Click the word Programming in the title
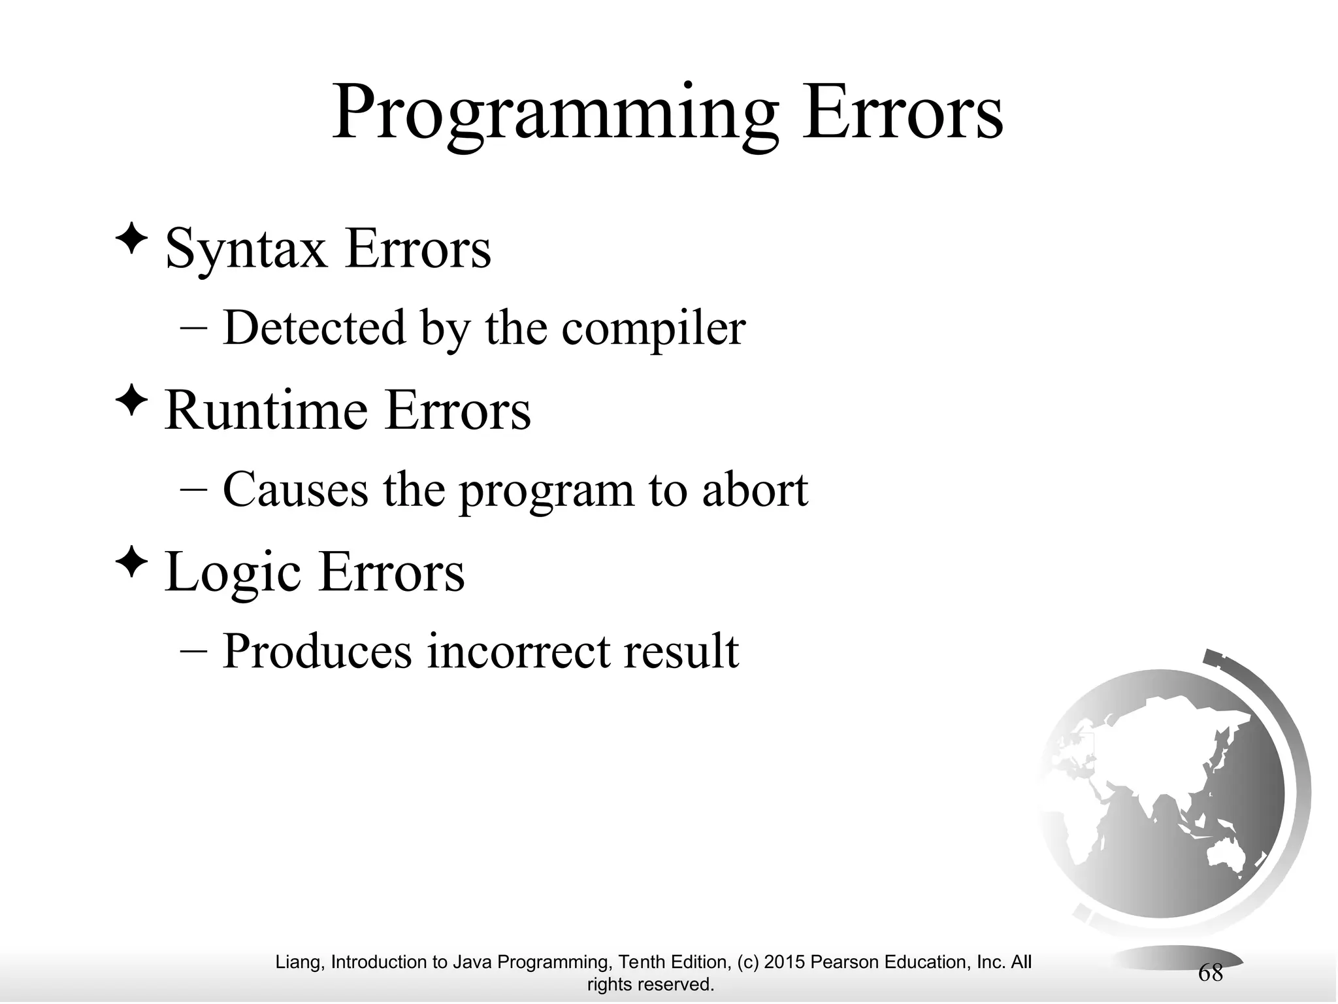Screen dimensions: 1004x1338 click(x=555, y=114)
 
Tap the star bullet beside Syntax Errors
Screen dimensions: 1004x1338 click(x=131, y=239)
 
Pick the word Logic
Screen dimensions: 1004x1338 click(x=233, y=573)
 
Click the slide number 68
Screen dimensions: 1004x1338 click(x=1211, y=973)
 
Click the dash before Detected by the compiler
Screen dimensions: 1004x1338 click(x=193, y=329)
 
